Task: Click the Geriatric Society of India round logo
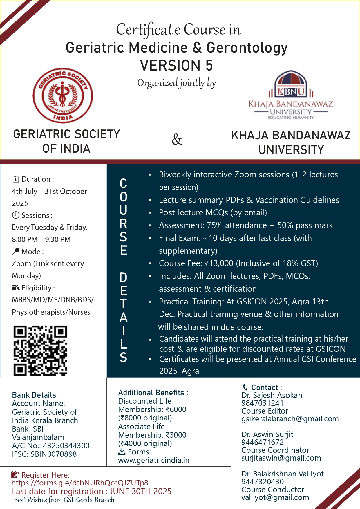click(63, 95)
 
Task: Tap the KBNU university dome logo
click(291, 84)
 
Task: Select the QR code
click(40, 351)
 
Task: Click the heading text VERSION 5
click(176, 65)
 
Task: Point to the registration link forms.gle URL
click(80, 483)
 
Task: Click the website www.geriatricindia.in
click(154, 460)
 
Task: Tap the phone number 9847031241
click(262, 403)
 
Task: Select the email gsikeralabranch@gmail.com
click(290, 419)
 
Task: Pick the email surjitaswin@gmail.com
click(281, 458)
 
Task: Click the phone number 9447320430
click(263, 482)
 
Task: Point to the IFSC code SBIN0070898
click(54, 454)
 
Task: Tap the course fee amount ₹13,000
click(219, 263)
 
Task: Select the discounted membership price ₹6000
click(176, 409)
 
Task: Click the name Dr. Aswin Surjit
click(267, 434)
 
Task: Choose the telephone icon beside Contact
click(245, 387)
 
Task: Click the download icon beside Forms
click(122, 452)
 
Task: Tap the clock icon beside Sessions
click(16, 215)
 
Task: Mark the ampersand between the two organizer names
click(177, 140)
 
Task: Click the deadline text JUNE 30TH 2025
click(140, 491)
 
